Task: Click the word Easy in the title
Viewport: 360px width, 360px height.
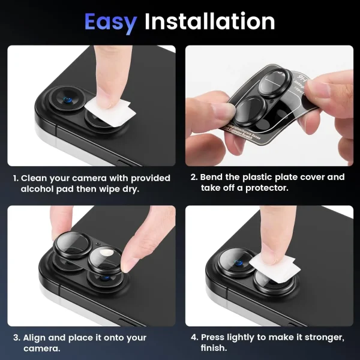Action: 110,22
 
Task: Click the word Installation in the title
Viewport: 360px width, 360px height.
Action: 209,22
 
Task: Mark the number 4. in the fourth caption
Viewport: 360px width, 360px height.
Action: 194,338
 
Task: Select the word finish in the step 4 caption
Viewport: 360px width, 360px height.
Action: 214,349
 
